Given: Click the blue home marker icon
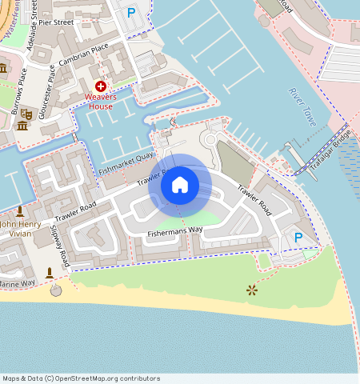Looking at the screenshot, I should (x=180, y=186).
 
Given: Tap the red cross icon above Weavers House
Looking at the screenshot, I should (x=101, y=86).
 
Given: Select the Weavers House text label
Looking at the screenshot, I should (x=101, y=102).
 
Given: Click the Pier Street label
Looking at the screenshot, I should (x=56, y=22).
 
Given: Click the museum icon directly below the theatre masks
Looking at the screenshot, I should (x=22, y=126).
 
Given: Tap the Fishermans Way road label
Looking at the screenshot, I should (x=175, y=232).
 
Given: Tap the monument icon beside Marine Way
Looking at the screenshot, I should (x=50, y=274).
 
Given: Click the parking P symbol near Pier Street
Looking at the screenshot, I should (x=131, y=13).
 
